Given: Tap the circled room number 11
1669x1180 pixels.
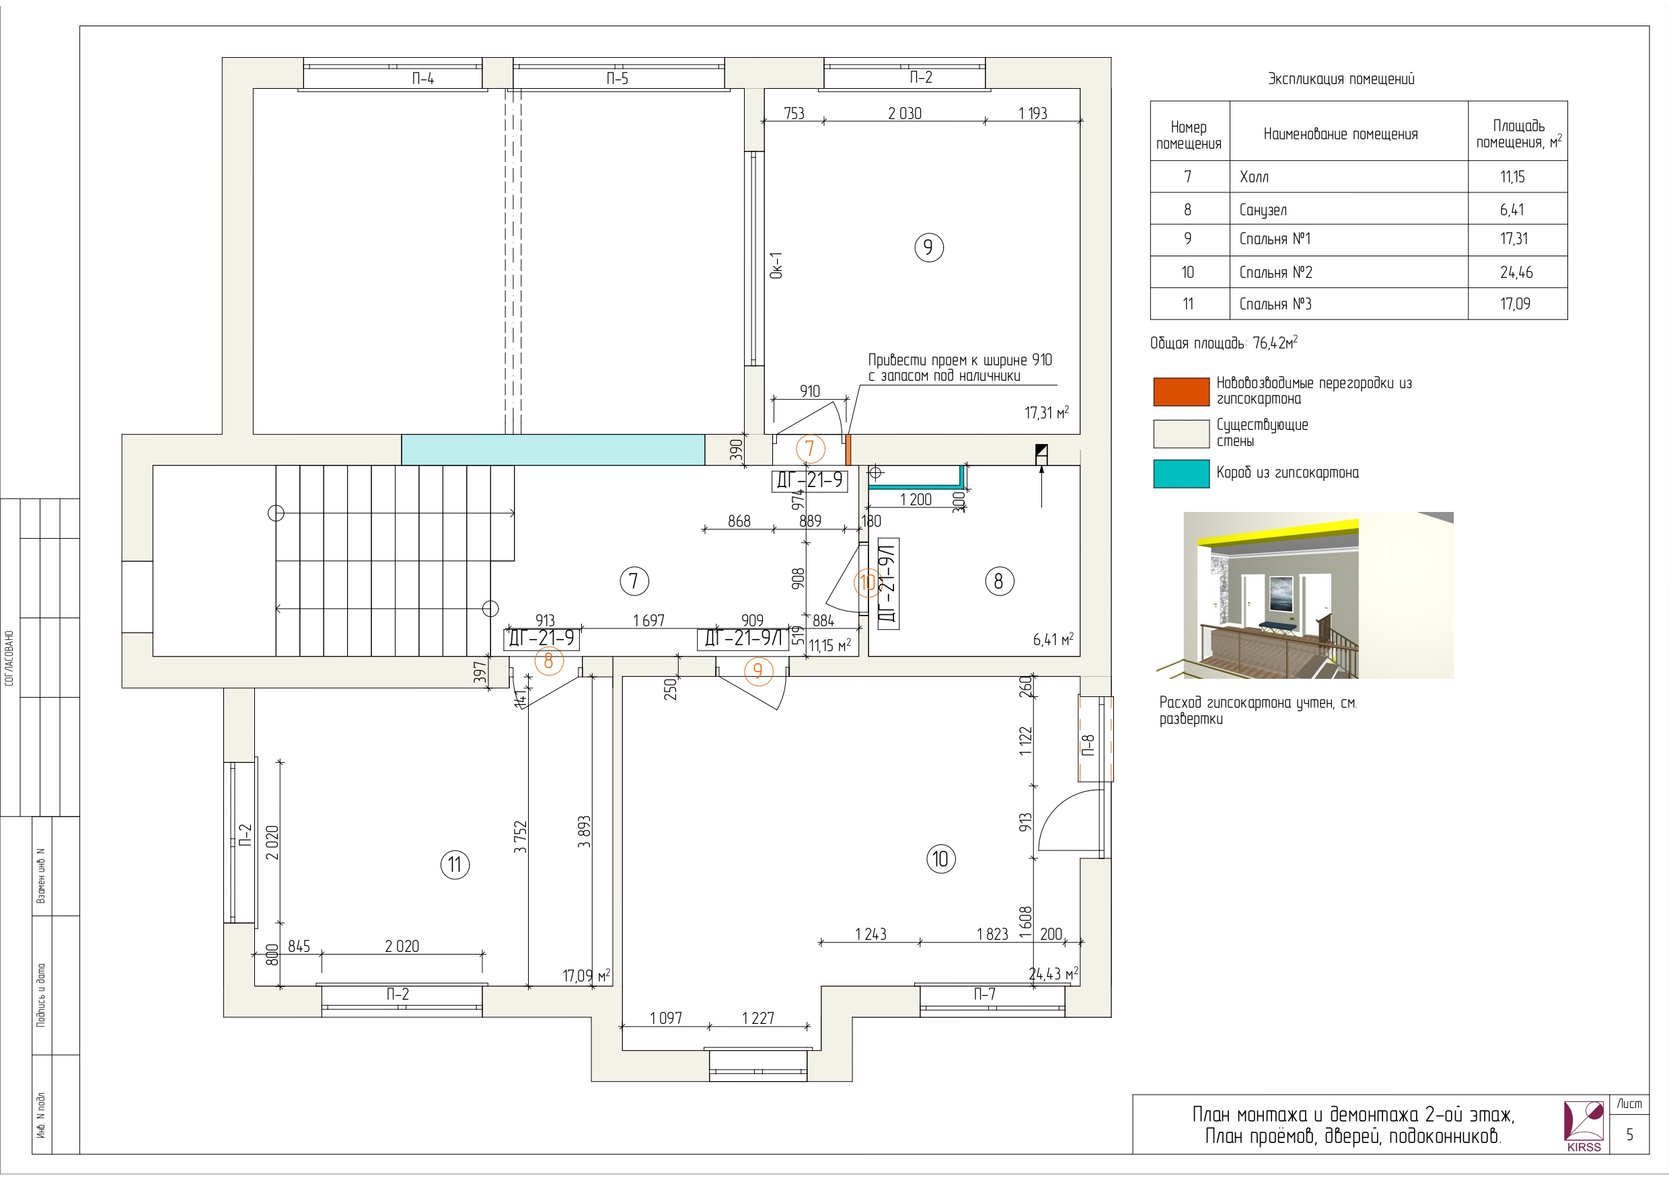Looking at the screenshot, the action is [x=455, y=864].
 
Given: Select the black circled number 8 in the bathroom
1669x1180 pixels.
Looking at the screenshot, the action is [x=999, y=581].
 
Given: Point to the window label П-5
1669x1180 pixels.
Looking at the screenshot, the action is [x=617, y=79].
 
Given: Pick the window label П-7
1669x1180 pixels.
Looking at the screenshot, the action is [x=985, y=994].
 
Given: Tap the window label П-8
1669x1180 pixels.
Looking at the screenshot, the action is [x=1088, y=745].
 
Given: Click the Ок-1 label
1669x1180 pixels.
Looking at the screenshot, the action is [x=776, y=265].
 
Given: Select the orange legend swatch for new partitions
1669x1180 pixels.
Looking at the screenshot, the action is [x=1181, y=391].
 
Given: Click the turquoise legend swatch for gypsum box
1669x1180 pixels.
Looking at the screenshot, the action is [x=1181, y=474].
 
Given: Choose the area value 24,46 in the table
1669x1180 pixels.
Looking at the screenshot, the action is [x=1516, y=272].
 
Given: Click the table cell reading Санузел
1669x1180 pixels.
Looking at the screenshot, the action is [x=1263, y=210].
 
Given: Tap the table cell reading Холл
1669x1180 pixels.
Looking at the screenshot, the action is [x=1254, y=177].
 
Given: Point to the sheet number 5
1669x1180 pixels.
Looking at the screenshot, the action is [x=1629, y=1135].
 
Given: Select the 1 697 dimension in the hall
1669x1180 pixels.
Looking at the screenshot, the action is [x=648, y=620].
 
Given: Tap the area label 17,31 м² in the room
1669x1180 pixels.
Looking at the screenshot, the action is [x=1047, y=412].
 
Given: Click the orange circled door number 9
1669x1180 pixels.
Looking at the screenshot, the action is [x=758, y=670].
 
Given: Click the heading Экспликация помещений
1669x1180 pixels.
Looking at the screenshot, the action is [x=1341, y=79].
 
